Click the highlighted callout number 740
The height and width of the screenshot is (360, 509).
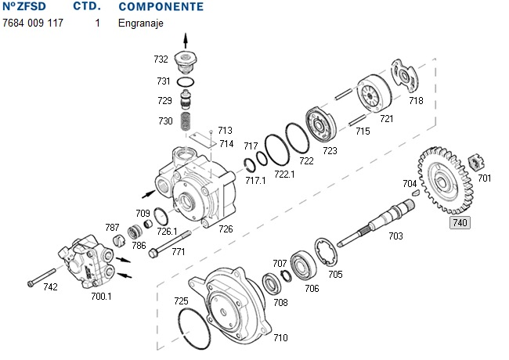click(x=458, y=222)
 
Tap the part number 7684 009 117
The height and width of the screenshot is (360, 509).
click(x=33, y=23)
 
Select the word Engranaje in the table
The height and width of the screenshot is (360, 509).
click(x=140, y=23)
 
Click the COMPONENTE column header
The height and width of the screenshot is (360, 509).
click(x=161, y=7)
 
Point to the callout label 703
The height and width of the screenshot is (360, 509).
click(x=395, y=236)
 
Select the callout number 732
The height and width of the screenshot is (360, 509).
click(x=161, y=59)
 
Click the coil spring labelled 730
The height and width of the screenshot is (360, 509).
click(x=186, y=122)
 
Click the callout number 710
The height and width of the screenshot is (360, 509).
click(x=280, y=338)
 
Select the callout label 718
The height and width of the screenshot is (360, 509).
click(x=416, y=101)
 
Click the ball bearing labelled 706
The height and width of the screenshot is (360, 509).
click(x=302, y=264)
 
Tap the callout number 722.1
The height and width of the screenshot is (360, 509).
click(x=283, y=173)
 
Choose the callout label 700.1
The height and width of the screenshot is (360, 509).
click(x=102, y=297)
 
